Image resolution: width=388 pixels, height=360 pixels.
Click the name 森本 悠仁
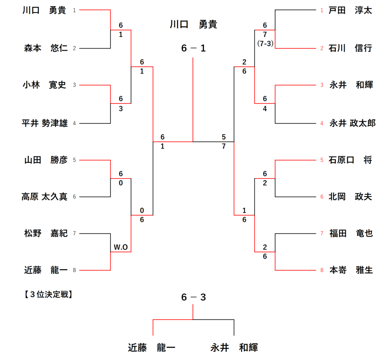click(45, 48)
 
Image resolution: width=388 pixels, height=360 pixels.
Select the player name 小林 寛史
click(45, 85)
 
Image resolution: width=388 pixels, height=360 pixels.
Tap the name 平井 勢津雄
click(45, 123)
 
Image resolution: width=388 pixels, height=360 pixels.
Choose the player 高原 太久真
click(44, 197)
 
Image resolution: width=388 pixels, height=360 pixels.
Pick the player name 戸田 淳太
click(350, 10)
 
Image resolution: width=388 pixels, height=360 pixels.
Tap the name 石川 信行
click(350, 48)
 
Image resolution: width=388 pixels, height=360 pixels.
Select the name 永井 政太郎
click(352, 123)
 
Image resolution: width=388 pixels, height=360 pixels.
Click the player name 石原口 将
click(350, 160)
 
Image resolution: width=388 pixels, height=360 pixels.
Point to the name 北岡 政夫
click(350, 197)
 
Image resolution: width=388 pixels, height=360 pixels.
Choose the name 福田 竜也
click(350, 233)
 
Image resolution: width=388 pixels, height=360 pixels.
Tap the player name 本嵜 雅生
click(350, 270)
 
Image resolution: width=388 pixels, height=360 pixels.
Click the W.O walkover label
click(121, 247)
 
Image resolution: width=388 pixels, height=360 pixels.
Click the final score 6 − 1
click(193, 49)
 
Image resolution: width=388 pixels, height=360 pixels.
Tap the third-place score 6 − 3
click(193, 297)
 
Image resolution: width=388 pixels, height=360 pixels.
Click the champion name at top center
click(193, 25)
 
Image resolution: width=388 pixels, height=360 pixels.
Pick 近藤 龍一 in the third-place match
click(151, 347)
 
